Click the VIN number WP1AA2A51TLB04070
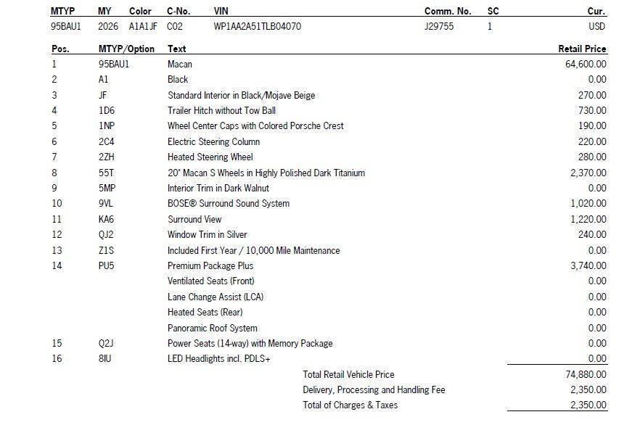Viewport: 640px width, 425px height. [258, 27]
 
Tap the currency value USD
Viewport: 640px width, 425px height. [597, 27]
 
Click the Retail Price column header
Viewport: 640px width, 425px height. [582, 49]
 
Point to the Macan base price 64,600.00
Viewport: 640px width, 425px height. [586, 65]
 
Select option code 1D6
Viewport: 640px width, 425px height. [107, 111]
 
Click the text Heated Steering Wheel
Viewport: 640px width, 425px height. [210, 157]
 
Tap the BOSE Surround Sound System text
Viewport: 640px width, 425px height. [229, 204]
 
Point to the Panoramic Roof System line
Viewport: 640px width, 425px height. [213, 329]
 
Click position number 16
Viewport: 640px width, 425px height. [57, 359]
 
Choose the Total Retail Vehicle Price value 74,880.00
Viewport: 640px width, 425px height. [586, 375]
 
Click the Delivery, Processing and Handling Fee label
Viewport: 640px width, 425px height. [374, 390]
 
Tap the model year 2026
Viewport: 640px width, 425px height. [108, 27]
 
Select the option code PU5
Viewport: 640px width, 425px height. [107, 266]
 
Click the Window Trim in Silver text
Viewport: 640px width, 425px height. [208, 235]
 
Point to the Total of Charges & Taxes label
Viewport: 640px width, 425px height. [350, 405]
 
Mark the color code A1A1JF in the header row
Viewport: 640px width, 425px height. [143, 27]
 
